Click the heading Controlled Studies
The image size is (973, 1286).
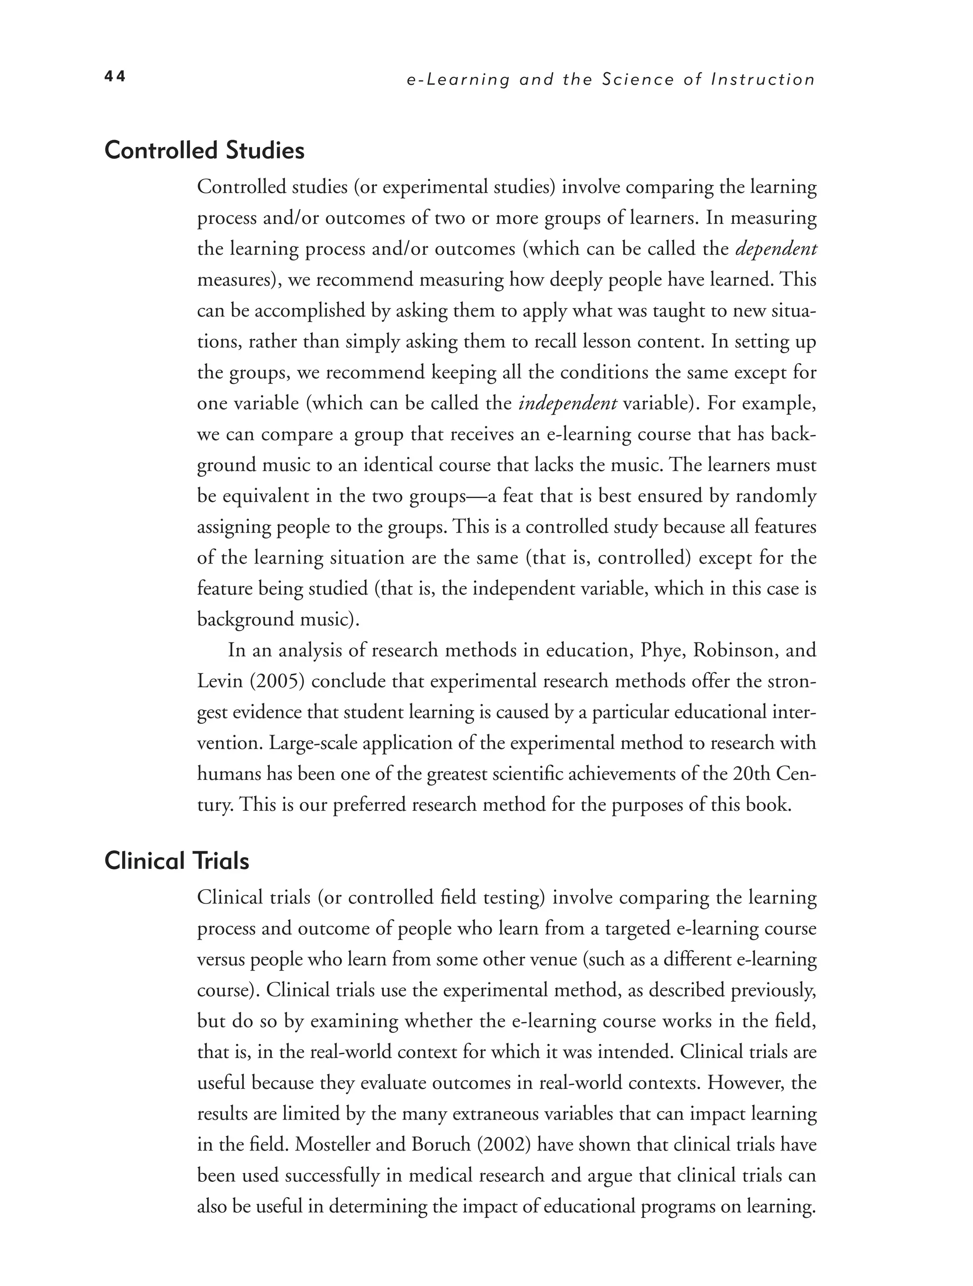[204, 151]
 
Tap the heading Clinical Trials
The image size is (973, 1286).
[177, 861]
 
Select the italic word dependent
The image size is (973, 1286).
[776, 249]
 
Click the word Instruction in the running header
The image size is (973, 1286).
[763, 80]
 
